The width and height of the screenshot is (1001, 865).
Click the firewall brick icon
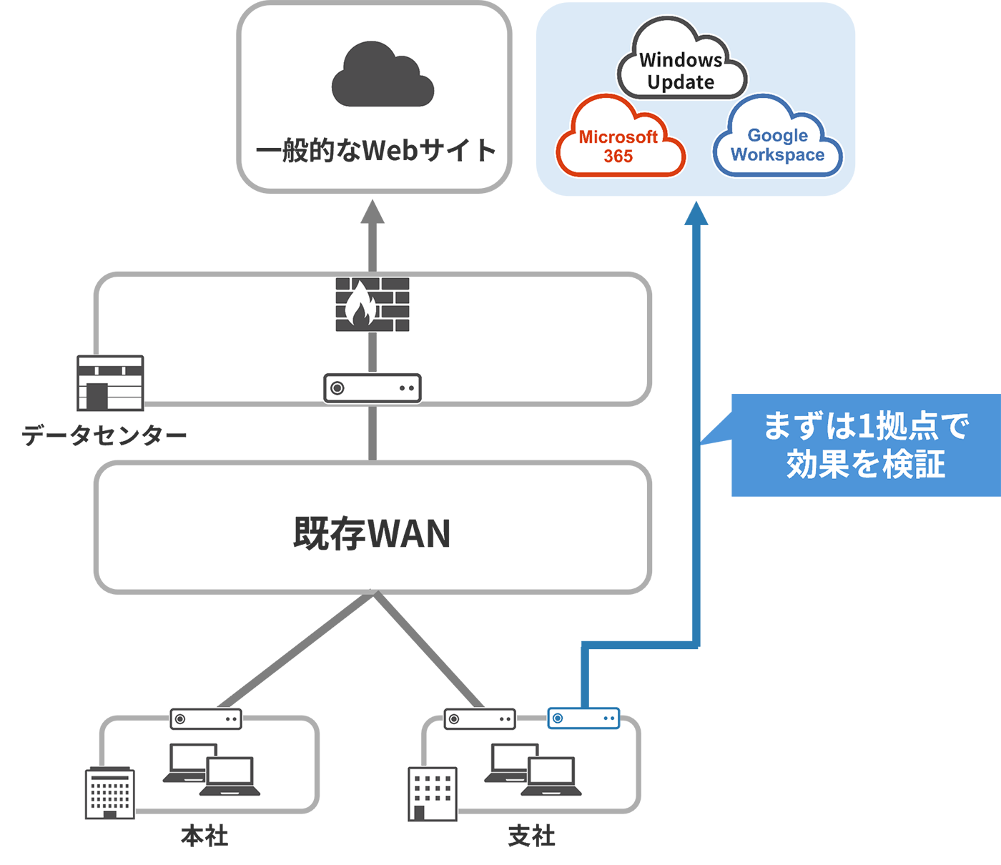[x=373, y=305]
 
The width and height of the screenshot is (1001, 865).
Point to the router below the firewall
[x=373, y=388]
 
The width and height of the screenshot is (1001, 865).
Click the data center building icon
[x=110, y=383]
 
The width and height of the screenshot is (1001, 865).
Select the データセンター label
[x=104, y=435]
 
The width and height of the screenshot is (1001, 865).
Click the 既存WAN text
[x=372, y=533]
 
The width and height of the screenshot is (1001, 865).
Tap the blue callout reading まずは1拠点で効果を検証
[x=865, y=445]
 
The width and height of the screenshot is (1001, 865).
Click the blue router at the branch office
[x=583, y=718]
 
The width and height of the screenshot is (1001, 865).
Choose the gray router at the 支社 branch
[x=480, y=718]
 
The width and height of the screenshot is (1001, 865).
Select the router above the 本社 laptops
[x=206, y=718]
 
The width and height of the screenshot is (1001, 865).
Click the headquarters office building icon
[x=109, y=793]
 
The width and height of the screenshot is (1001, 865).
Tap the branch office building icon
[x=433, y=794]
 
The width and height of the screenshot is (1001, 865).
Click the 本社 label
[x=204, y=836]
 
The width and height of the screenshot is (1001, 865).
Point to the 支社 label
[x=531, y=836]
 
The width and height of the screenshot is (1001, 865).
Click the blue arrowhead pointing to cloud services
[x=696, y=214]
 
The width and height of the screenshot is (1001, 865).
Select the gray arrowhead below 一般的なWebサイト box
[x=373, y=212]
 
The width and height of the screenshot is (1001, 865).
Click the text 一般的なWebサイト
[x=375, y=151]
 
